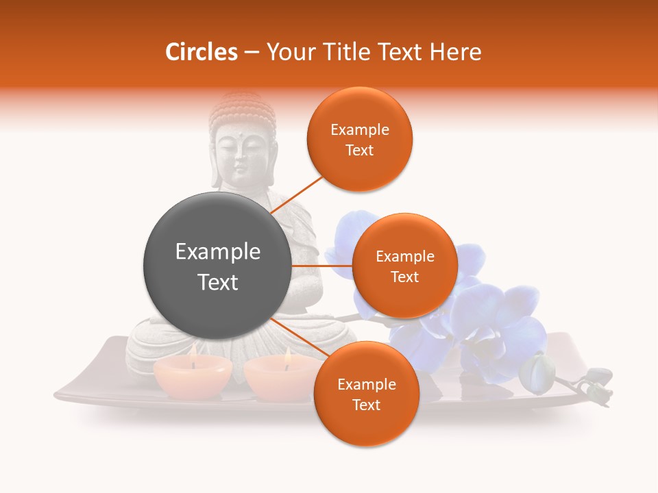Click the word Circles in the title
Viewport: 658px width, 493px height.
point(201,52)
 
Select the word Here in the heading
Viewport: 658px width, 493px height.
point(456,52)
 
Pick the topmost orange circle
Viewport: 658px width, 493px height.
point(359,139)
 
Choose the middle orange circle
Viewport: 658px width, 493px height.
point(404,266)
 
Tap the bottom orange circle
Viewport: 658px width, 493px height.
point(366,394)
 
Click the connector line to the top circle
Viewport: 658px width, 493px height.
point(298,195)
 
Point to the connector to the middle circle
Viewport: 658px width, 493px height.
point(322,266)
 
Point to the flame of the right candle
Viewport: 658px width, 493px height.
point(287,356)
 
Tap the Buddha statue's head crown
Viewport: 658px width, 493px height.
point(242,110)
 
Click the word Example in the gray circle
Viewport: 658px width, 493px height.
point(218,252)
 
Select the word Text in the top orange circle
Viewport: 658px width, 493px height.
point(359,150)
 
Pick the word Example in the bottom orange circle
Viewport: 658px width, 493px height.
point(366,384)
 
